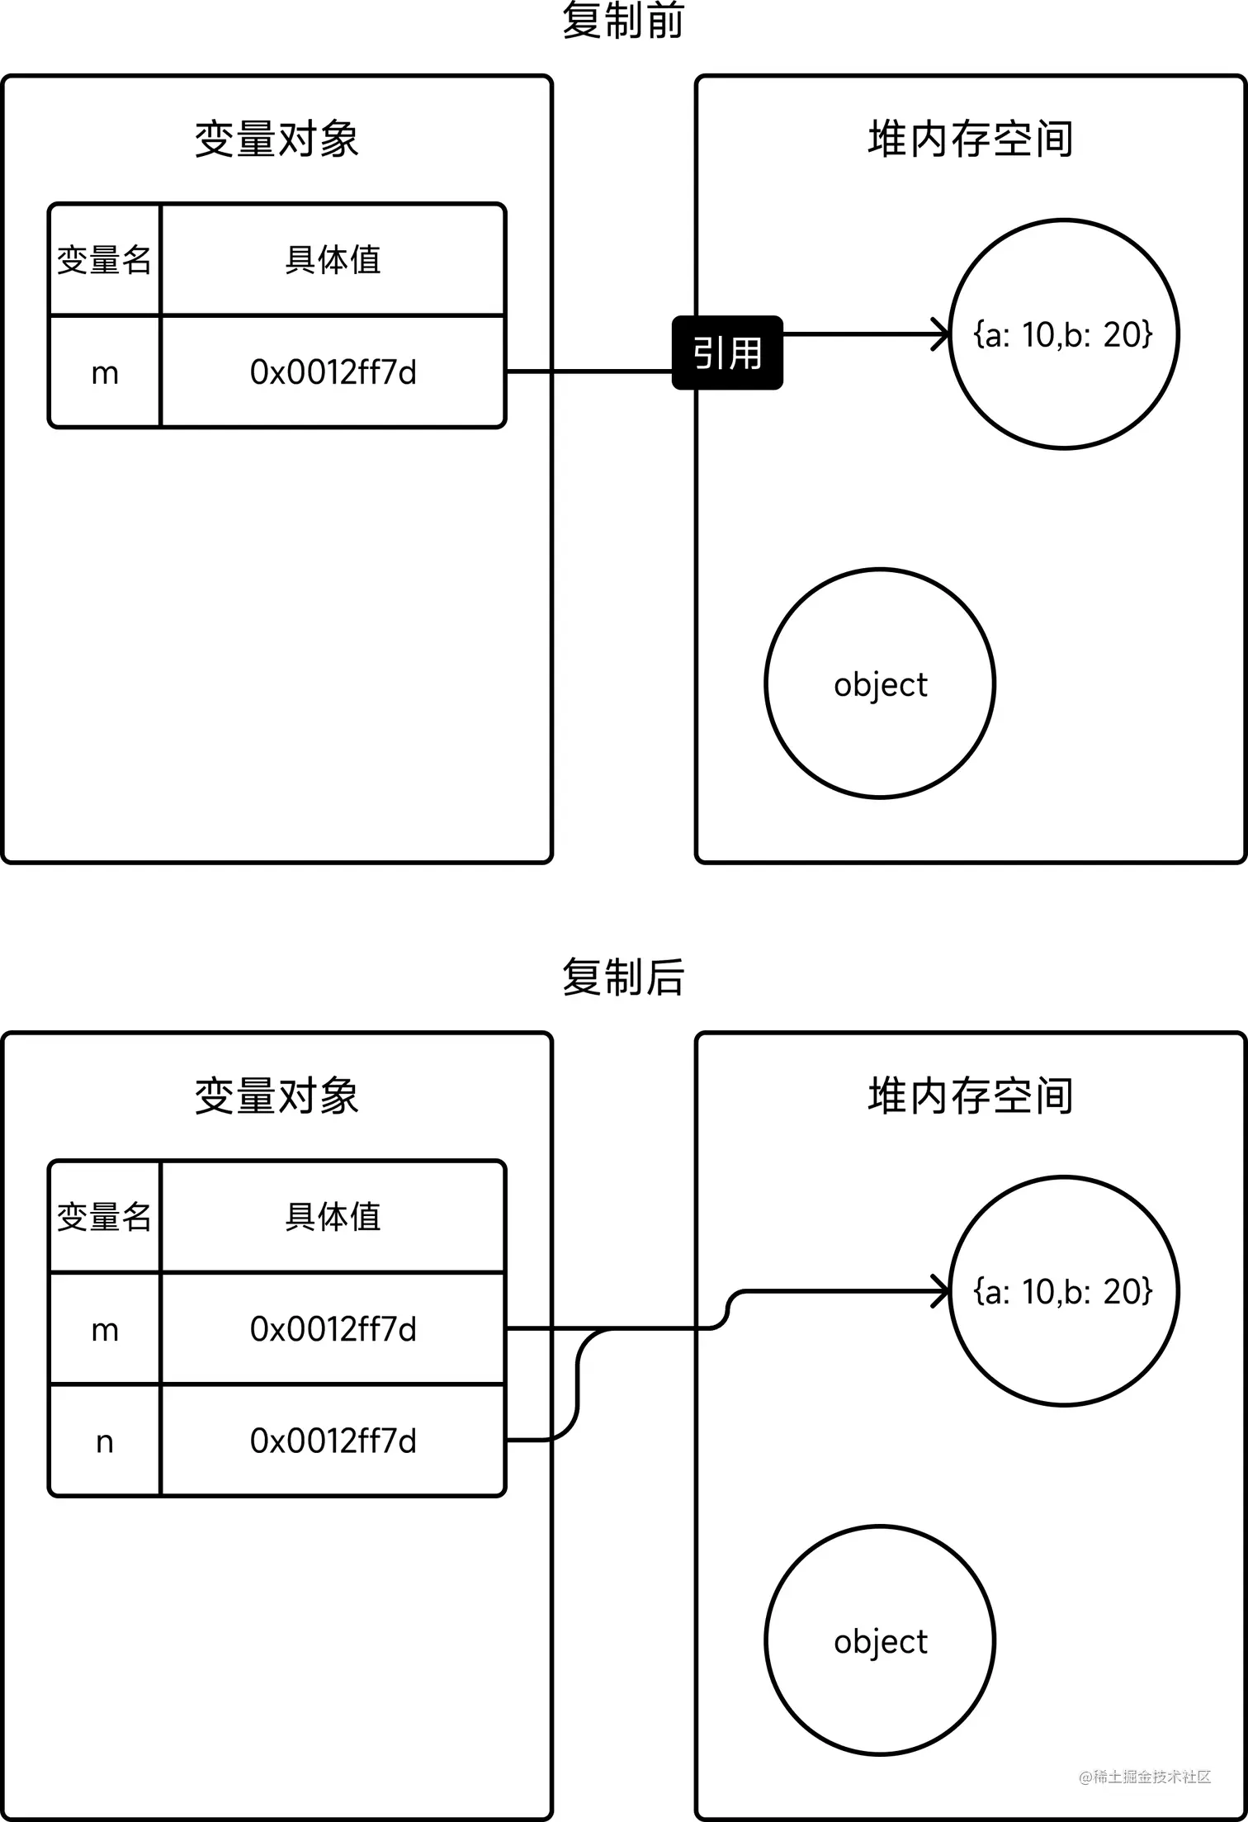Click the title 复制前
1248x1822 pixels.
pos(623,21)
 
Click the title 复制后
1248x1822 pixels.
pos(623,977)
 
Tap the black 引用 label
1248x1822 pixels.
pos(727,353)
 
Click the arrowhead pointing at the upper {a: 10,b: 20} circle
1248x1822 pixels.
pos(941,334)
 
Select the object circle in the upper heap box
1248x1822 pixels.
pos(880,684)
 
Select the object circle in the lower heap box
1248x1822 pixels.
pos(880,1641)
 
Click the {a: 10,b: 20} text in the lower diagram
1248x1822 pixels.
pos(1063,1291)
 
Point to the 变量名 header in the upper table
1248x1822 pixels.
pos(105,260)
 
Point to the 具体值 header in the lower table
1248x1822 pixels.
pos(333,1217)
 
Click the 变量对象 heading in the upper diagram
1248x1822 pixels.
pos(277,139)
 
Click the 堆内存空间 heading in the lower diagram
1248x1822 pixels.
pos(971,1096)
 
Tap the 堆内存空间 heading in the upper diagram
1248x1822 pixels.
pos(971,139)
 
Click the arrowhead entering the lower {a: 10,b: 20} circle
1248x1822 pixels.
pos(941,1291)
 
